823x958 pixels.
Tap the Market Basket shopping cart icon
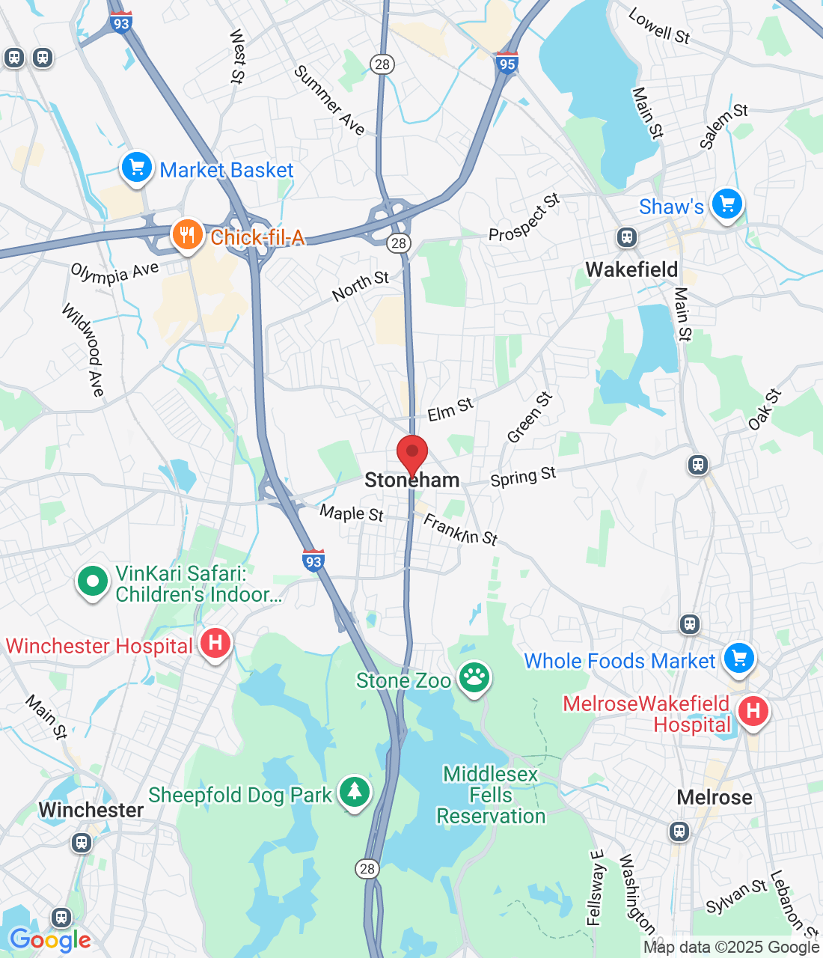point(137,168)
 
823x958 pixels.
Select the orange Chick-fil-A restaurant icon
point(187,235)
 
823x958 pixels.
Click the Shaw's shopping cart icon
point(726,204)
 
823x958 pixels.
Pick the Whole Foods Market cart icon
point(739,659)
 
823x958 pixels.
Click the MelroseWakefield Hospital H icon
point(753,710)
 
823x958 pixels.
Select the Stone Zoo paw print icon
point(474,678)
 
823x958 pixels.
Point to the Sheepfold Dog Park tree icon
point(355,792)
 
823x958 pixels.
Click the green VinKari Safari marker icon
point(93,582)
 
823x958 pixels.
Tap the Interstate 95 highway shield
point(507,64)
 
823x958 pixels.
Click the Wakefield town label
point(631,269)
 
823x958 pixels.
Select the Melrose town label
point(715,797)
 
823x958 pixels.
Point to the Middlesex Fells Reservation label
point(491,795)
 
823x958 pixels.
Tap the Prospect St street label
point(524,218)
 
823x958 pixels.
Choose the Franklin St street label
point(460,529)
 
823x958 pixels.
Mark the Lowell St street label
point(659,26)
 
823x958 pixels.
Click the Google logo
point(50,940)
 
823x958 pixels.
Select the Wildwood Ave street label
point(83,349)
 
